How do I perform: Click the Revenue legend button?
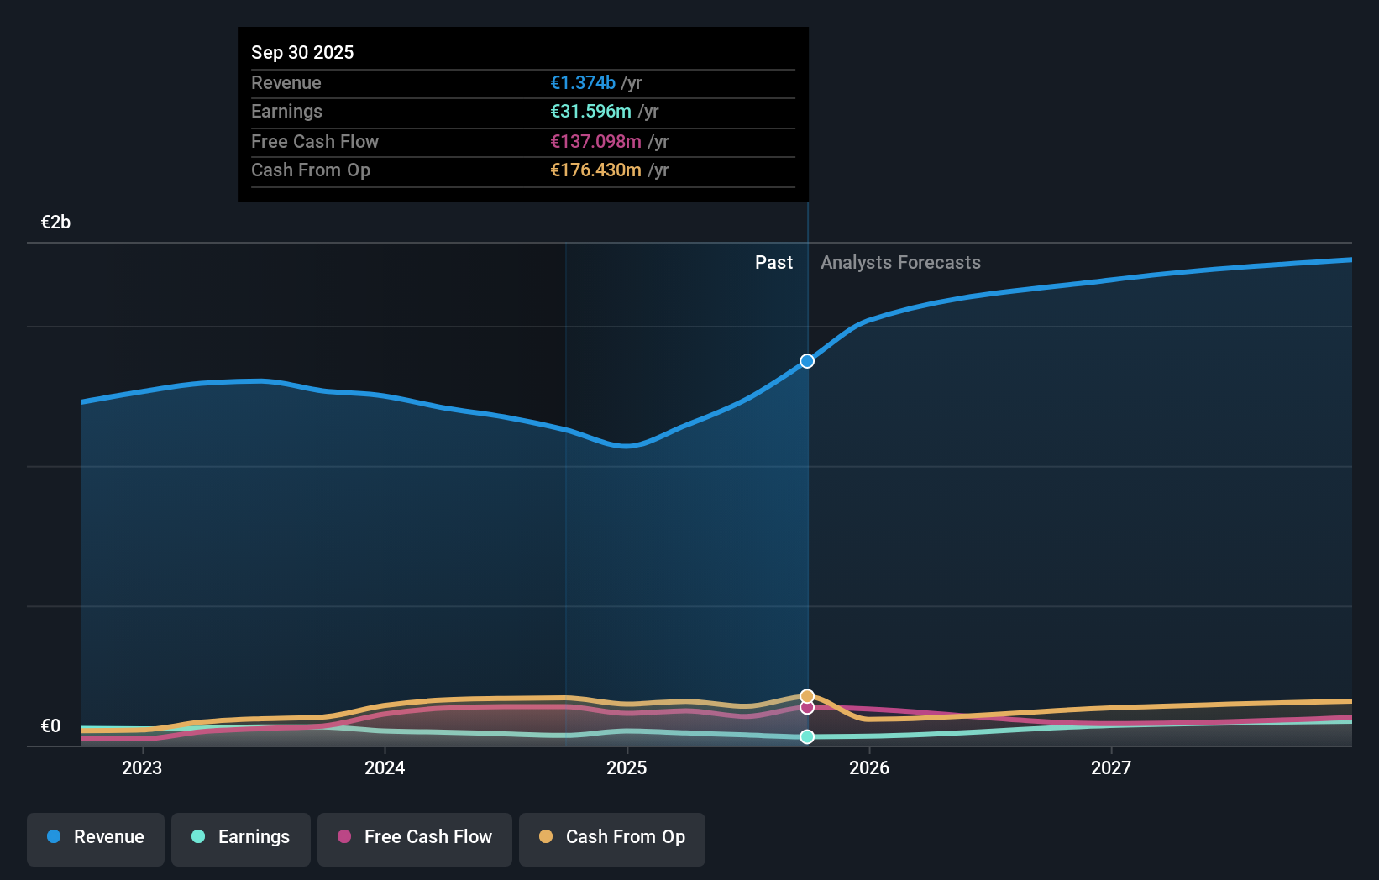(96, 838)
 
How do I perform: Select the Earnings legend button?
(241, 838)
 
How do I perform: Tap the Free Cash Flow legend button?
(415, 838)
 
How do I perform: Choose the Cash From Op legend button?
(612, 838)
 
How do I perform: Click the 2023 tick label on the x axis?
(142, 767)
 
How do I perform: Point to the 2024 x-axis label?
(385, 767)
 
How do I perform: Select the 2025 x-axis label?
(627, 767)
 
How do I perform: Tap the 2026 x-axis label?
(869, 767)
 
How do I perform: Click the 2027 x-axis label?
(1111, 767)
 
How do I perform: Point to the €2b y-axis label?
(56, 223)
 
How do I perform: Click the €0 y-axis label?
(51, 726)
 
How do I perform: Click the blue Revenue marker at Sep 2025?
(807, 361)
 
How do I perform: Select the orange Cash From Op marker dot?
(807, 696)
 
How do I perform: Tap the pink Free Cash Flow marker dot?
(807, 708)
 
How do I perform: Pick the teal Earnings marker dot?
(807, 736)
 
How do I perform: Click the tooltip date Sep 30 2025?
(302, 52)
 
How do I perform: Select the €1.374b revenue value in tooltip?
(583, 83)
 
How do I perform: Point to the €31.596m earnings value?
(590, 112)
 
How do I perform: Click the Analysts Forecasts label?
(900, 263)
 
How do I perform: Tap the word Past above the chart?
(773, 263)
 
